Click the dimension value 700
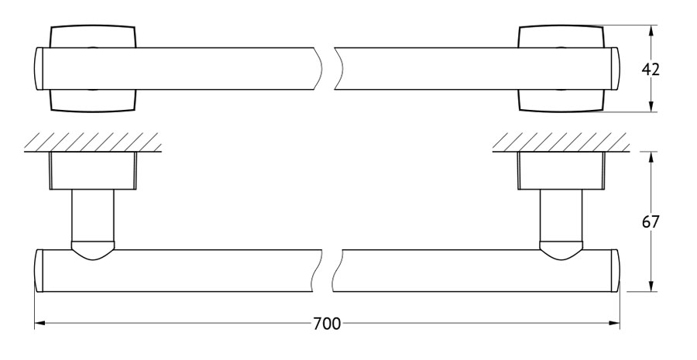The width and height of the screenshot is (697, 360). pyautogui.click(x=327, y=324)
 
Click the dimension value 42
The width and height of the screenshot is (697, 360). pyautogui.click(x=651, y=70)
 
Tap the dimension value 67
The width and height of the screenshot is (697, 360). pyautogui.click(x=651, y=221)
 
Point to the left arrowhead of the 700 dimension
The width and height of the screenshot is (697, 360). pyautogui.click(x=40, y=324)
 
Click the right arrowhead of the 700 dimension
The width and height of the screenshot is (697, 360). pyautogui.click(x=614, y=324)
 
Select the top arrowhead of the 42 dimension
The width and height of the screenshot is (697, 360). pyautogui.click(x=651, y=31)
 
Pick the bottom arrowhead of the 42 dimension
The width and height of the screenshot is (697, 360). pyautogui.click(x=651, y=106)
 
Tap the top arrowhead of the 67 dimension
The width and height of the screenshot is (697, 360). pyautogui.click(x=651, y=157)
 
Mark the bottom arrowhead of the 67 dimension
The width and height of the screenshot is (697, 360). pyautogui.click(x=651, y=286)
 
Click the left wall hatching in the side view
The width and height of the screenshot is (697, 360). pyautogui.click(x=92, y=142)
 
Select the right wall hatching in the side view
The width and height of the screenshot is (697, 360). pyautogui.click(x=561, y=142)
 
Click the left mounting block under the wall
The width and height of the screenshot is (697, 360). pyautogui.click(x=92, y=171)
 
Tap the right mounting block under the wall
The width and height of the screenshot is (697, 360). pyautogui.click(x=561, y=171)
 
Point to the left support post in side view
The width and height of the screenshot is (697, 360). pyautogui.click(x=92, y=216)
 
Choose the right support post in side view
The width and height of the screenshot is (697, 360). pyautogui.click(x=561, y=216)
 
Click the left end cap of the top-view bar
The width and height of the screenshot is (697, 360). pyautogui.click(x=38, y=69)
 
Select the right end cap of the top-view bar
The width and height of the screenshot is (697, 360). pyautogui.click(x=616, y=69)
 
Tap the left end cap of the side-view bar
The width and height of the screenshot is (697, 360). pyautogui.click(x=38, y=271)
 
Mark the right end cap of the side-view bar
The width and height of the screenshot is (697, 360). pyautogui.click(x=615, y=271)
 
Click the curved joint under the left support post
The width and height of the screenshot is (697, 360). pyautogui.click(x=92, y=251)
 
